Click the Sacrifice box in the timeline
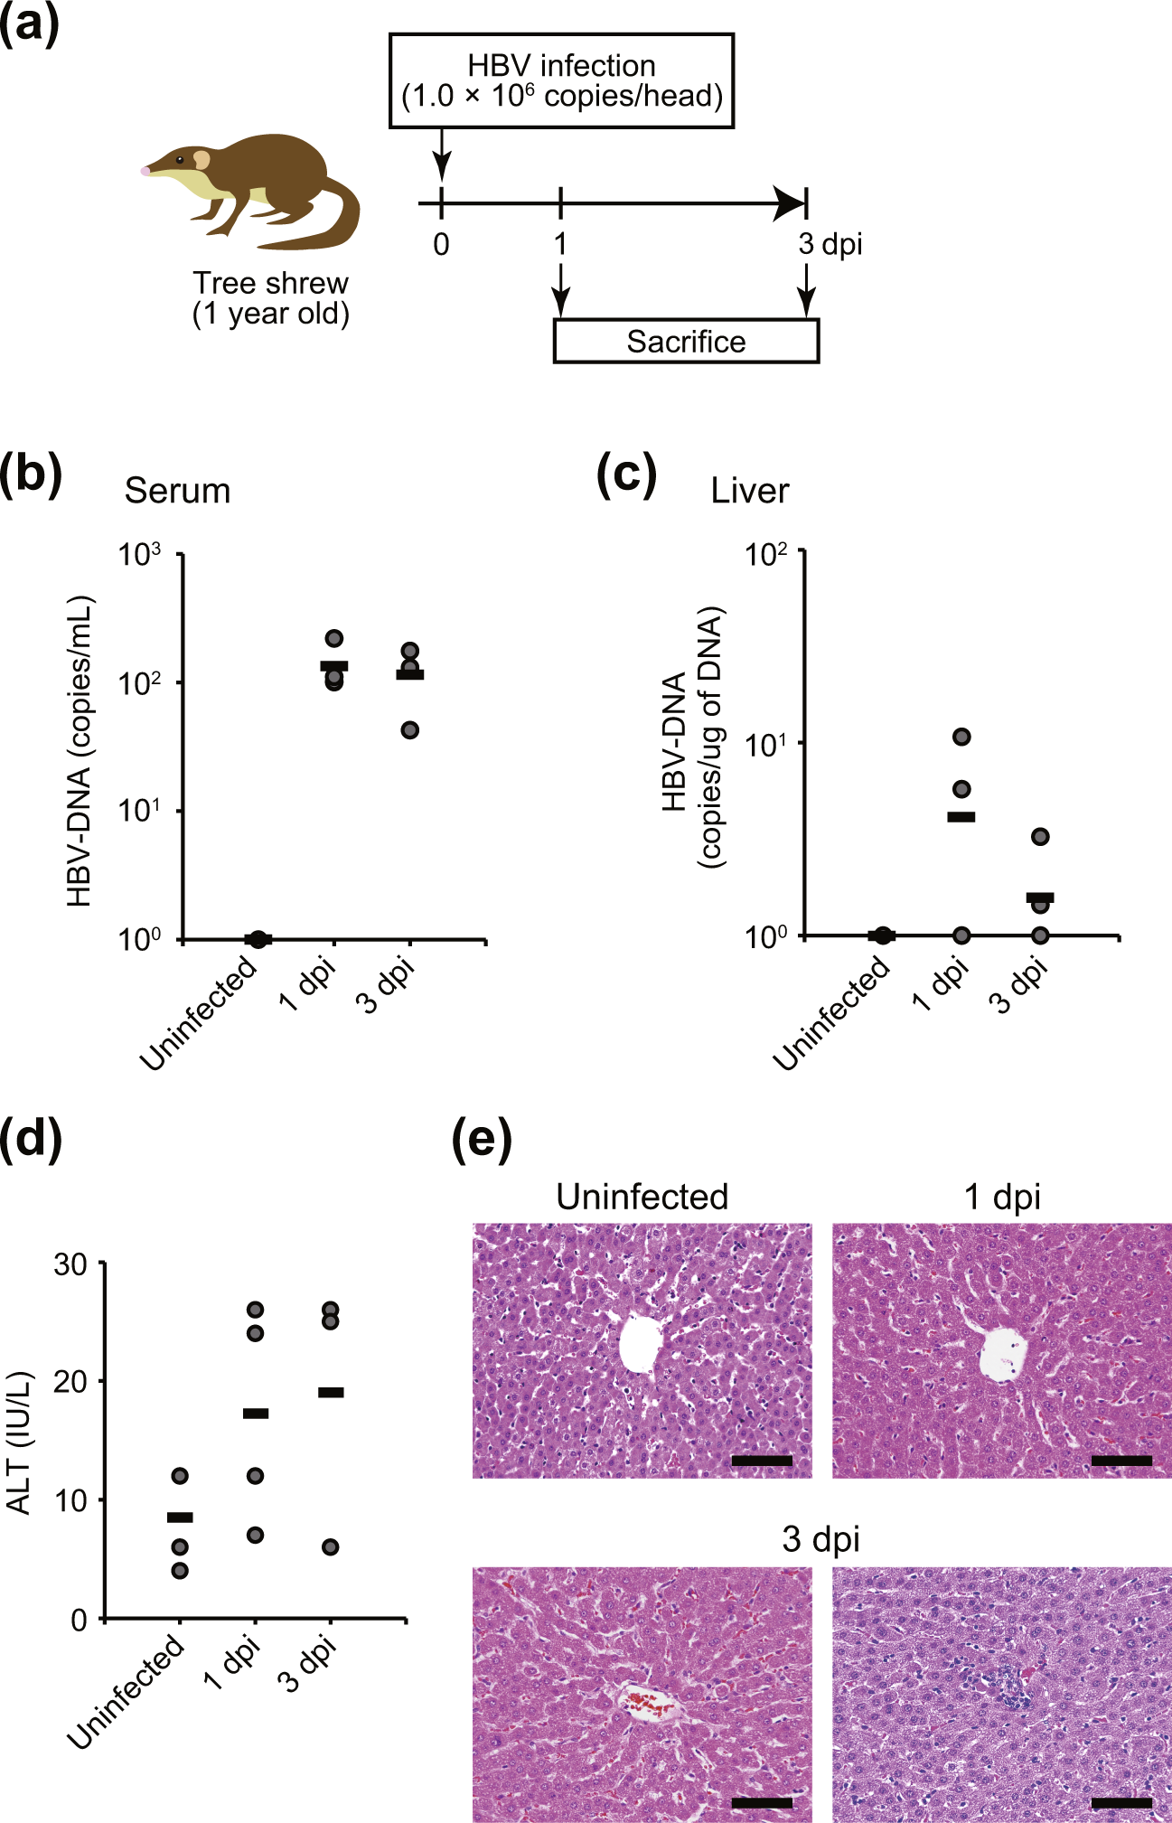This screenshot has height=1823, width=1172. pos(686,342)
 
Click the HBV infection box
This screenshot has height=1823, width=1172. pos(561,81)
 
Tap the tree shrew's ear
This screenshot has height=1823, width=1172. pos(202,160)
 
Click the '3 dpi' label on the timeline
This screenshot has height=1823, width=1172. pos(830,244)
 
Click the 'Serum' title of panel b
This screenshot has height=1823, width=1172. pos(177,491)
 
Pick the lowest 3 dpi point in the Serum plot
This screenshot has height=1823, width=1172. pos(410,729)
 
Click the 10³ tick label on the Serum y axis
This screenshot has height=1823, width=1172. pos(140,554)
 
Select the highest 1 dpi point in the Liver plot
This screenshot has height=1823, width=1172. pos(962,737)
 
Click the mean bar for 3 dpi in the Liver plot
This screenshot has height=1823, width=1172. pos(1040,897)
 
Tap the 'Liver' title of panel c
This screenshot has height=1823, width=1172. pos(749,491)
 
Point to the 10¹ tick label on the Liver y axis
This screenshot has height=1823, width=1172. pos(765,744)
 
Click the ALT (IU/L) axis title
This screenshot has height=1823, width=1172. pos(19,1442)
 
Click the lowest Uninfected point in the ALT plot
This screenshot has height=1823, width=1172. pos(180,1571)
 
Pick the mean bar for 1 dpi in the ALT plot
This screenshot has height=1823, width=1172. pos(256,1413)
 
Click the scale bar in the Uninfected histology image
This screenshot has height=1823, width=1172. pos(762,1461)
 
